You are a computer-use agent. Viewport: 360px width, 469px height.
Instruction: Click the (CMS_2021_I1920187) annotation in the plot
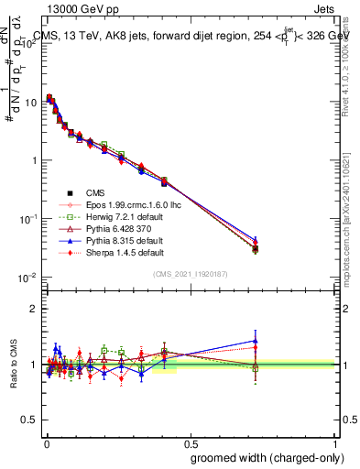pyautogui.click(x=190, y=274)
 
